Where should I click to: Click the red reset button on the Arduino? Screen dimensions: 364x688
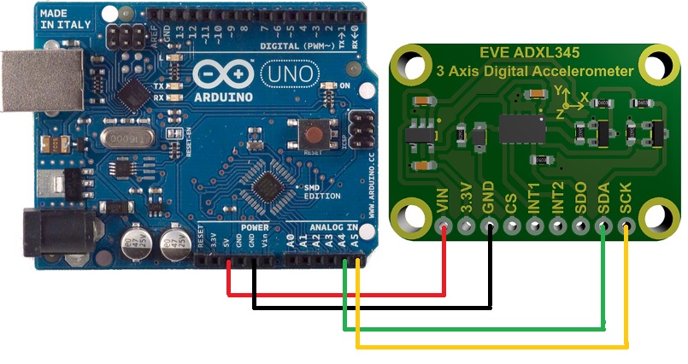click(313, 134)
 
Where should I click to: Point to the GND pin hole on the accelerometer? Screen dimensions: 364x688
click(490, 227)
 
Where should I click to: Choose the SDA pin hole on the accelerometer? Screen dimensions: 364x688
click(604, 227)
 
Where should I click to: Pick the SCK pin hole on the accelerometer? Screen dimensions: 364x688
click(627, 227)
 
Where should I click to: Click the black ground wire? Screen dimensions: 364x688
click(376, 305)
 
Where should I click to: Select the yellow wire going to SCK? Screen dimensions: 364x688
click(496, 346)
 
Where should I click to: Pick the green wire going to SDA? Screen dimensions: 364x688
click(479, 327)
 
